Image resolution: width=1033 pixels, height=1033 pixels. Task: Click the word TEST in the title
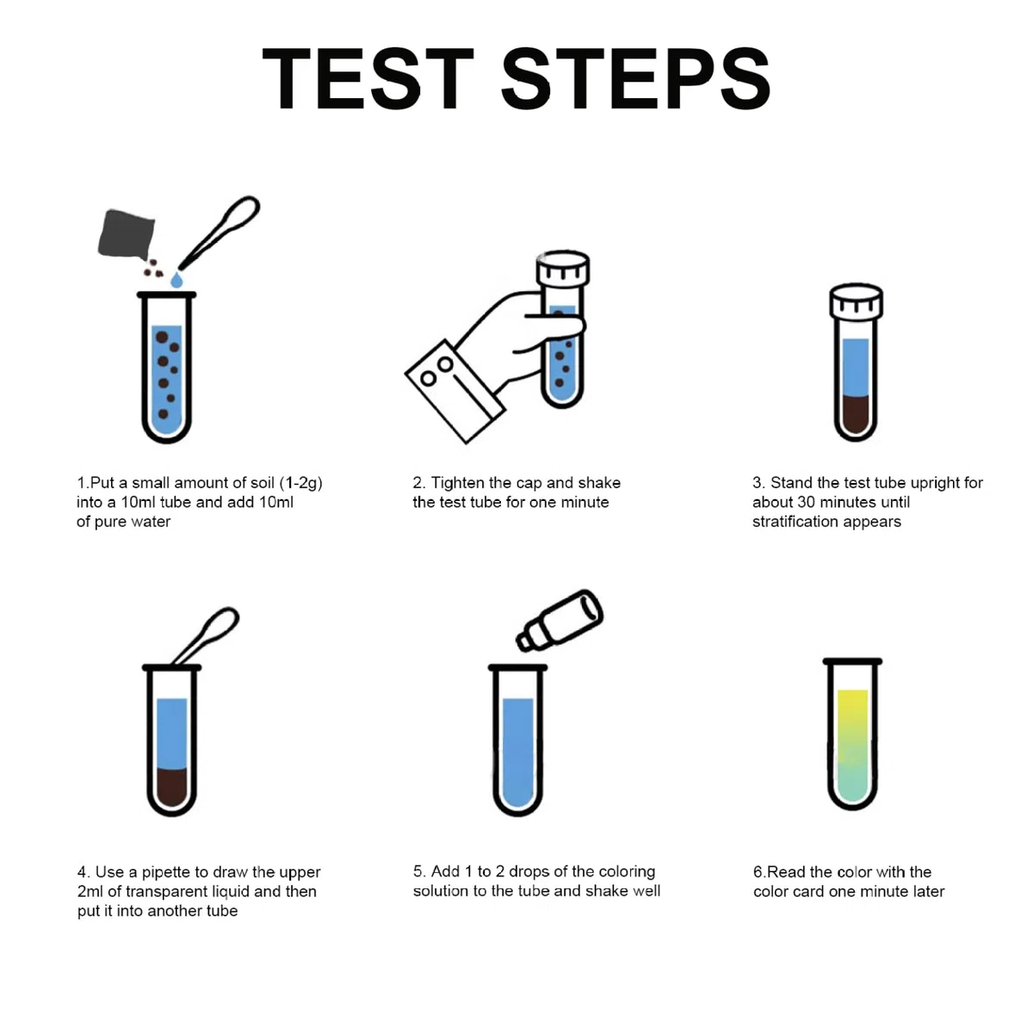click(368, 79)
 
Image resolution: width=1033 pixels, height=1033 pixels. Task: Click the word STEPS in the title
click(635, 79)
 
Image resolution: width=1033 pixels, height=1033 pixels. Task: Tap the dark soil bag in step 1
click(127, 234)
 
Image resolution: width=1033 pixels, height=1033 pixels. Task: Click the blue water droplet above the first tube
click(176, 279)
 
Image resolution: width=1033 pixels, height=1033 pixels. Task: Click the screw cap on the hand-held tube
click(563, 268)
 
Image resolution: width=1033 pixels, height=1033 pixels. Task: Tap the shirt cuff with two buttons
click(455, 392)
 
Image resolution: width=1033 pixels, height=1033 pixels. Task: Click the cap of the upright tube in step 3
click(856, 300)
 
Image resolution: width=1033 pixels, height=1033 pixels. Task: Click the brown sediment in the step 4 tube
click(171, 787)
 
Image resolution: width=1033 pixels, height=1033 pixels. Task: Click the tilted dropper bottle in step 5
click(560, 620)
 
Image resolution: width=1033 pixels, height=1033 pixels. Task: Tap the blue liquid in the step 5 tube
click(518, 752)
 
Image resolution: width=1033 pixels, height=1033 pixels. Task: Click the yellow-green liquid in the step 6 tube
click(852, 745)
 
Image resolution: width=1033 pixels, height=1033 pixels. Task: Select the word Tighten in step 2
click(460, 483)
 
